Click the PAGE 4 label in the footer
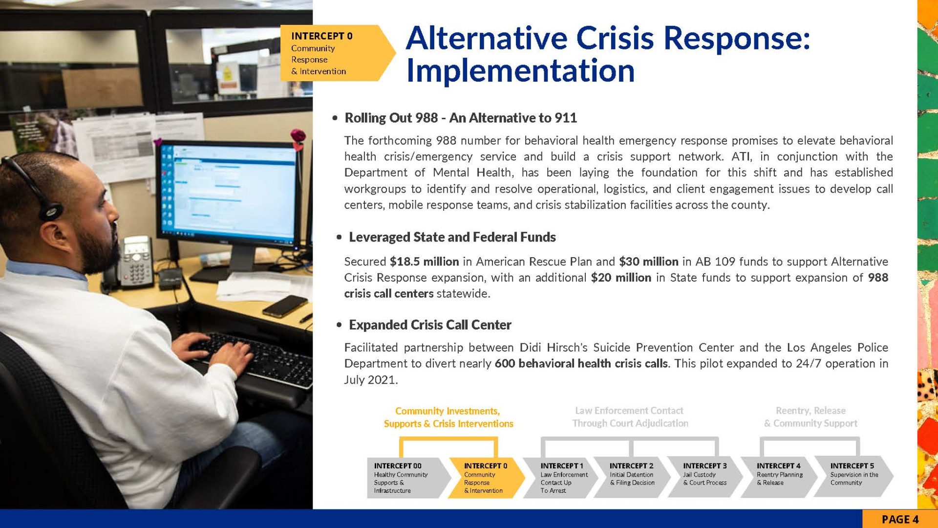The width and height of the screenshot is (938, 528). point(900,519)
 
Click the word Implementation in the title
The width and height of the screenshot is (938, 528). point(520,70)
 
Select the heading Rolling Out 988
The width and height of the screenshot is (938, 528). point(391,118)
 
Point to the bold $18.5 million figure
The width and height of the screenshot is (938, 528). point(424,262)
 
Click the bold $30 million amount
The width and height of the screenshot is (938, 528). point(648,262)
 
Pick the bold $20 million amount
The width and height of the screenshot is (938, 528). point(621,278)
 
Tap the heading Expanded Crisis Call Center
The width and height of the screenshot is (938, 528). point(430,325)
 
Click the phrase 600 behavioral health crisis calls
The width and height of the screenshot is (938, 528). point(581,364)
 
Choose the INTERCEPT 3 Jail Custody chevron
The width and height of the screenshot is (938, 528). point(705,478)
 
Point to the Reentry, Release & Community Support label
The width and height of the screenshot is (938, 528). point(810,417)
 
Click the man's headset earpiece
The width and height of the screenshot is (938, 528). point(51,211)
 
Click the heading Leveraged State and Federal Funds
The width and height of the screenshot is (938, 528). point(452,238)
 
